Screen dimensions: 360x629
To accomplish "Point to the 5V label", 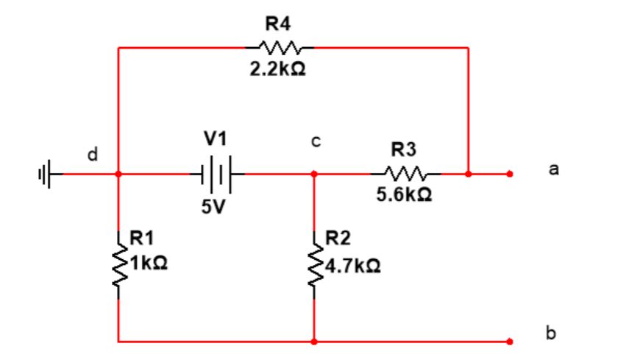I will coord(212,208).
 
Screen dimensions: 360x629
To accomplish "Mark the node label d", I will coord(91,155).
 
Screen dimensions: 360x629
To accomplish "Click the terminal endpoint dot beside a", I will coord(509,174).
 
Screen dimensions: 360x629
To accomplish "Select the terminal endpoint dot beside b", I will coord(509,342).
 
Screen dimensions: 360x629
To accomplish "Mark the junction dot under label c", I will coord(315,174).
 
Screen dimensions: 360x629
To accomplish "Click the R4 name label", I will coord(276,24).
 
